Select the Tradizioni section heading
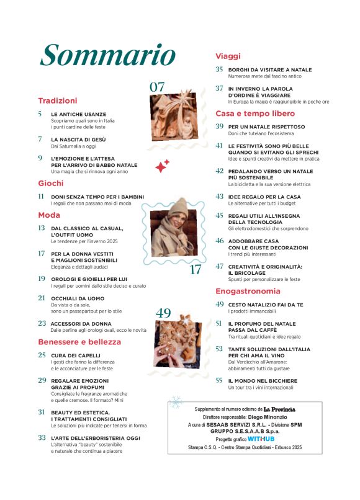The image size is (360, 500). point(57,100)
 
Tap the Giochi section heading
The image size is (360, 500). point(51,183)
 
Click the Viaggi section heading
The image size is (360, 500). point(228,56)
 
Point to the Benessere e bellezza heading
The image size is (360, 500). point(79,342)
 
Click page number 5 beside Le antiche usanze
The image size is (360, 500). point(40,114)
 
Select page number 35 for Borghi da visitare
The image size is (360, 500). point(219,69)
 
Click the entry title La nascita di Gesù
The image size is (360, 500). point(79,140)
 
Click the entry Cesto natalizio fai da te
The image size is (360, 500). point(268,305)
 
